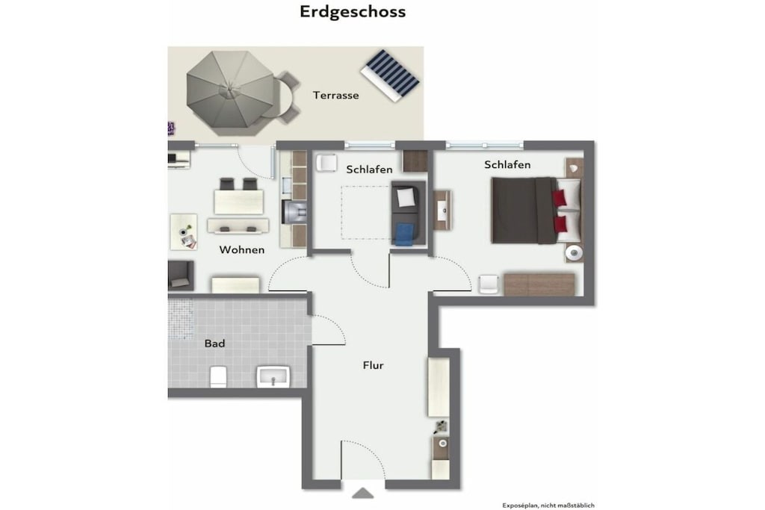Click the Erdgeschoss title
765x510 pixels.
coord(353,12)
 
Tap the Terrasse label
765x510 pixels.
coord(335,95)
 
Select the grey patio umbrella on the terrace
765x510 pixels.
coord(230,93)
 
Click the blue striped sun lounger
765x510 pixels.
coord(390,75)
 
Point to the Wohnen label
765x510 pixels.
coord(242,249)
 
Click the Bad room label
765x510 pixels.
coord(214,343)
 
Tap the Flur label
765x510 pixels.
coord(374,365)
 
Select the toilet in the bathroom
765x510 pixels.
coord(218,377)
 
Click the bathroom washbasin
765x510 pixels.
coord(273,376)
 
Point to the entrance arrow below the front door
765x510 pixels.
coord(362,494)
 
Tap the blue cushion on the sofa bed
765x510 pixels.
coord(404,234)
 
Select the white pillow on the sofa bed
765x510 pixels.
coord(406,197)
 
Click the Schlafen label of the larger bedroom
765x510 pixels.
coord(507,165)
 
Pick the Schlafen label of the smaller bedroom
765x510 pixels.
coord(369,170)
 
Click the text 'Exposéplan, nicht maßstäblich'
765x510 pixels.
coord(548,506)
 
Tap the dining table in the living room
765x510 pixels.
coord(238,202)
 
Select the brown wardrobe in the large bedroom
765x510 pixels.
coord(539,284)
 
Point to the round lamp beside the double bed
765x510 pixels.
coord(574,253)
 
